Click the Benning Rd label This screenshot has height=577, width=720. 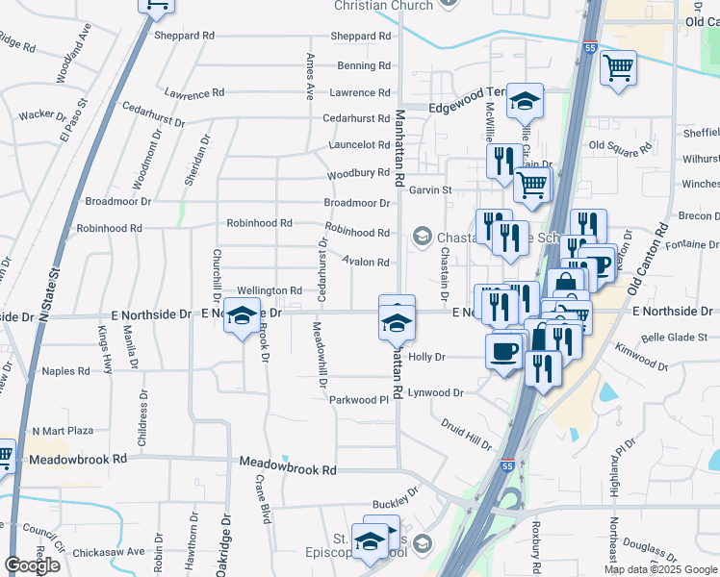coord(364,65)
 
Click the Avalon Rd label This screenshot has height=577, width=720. coord(368,262)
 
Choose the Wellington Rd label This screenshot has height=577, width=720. coord(270,290)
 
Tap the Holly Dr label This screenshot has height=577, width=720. coord(427,356)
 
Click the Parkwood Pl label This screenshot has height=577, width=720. coord(364,399)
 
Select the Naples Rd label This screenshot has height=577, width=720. coord(65,370)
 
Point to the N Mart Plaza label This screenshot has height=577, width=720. coord(63,431)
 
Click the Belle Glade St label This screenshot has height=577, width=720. coord(674,337)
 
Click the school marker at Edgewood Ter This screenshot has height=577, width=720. coord(525,100)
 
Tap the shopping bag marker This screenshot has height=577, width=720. coord(566,285)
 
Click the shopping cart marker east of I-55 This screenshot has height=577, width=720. coord(618,67)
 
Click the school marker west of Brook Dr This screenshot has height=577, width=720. coord(243,316)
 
